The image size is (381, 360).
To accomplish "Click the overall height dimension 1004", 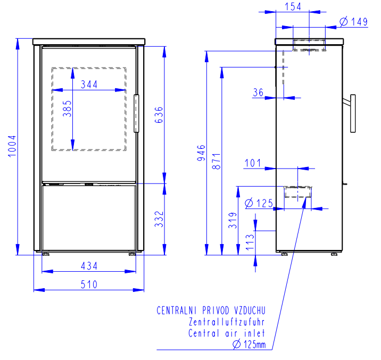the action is pyautogui.click(x=12, y=146).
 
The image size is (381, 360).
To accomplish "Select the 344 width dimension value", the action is pyautogui.click(x=89, y=85).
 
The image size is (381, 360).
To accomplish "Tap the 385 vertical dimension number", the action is pyautogui.click(x=67, y=108).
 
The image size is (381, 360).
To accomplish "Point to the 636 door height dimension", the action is pyautogui.click(x=159, y=115).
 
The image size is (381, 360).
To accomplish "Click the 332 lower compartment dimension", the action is pyautogui.click(x=159, y=219).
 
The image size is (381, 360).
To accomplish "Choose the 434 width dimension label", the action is pyautogui.click(x=89, y=266).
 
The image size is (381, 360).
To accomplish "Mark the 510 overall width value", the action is pyautogui.click(x=89, y=284).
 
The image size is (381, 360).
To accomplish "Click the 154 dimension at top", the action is pyautogui.click(x=293, y=6).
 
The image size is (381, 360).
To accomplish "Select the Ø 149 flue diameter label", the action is pyautogui.click(x=353, y=22).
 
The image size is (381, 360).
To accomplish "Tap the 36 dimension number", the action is pyautogui.click(x=258, y=93).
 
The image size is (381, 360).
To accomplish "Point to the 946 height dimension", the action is pyautogui.click(x=202, y=153).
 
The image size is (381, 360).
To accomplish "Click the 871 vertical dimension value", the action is pyautogui.click(x=216, y=161).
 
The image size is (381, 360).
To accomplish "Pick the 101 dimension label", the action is pyautogui.click(x=253, y=163).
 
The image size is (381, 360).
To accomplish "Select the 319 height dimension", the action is pyautogui.click(x=233, y=221).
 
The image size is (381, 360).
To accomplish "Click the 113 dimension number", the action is pyautogui.click(x=250, y=242).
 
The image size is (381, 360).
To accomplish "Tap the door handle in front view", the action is pyautogui.click(x=136, y=114).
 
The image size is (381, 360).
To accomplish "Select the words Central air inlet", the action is pyautogui.click(x=227, y=333).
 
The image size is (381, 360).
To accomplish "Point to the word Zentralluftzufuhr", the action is pyautogui.click(x=227, y=322).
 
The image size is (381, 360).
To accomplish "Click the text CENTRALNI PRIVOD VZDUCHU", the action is pyautogui.click(x=211, y=311).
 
